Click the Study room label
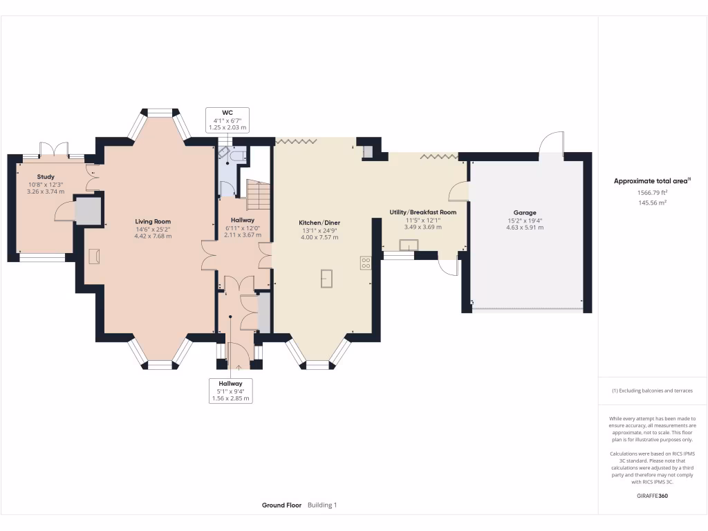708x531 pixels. click(46, 177)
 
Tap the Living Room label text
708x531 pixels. click(153, 221)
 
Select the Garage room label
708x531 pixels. click(525, 212)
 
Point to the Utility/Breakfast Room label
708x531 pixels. click(423, 212)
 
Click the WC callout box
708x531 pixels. click(227, 120)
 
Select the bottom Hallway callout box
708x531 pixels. click(231, 391)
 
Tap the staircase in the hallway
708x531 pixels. click(258, 194)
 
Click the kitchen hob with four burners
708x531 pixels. click(366, 263)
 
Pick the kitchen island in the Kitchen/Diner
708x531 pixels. click(327, 278)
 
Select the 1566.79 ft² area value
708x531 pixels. click(653, 193)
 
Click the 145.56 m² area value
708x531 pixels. click(653, 203)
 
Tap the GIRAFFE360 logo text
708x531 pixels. click(653, 496)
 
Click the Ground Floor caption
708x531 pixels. click(281, 505)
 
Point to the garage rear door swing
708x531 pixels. click(551, 143)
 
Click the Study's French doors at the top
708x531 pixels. click(54, 149)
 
